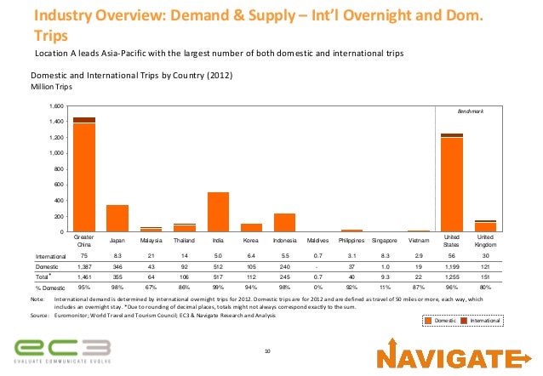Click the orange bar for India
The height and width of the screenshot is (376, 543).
point(218,212)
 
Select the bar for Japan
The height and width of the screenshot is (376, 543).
point(117,219)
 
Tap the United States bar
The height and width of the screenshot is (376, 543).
point(452,185)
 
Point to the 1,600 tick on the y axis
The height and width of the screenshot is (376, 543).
point(57,106)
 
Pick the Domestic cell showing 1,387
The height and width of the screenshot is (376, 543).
point(83,266)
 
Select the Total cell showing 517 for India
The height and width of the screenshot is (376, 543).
point(218,276)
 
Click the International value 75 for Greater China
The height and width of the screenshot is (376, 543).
point(83,255)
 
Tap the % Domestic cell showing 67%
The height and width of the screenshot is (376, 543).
point(151,288)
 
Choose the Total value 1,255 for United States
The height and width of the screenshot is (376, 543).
point(452,276)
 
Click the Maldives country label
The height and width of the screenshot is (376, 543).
point(318,240)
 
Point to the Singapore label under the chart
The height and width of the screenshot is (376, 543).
point(386,240)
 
